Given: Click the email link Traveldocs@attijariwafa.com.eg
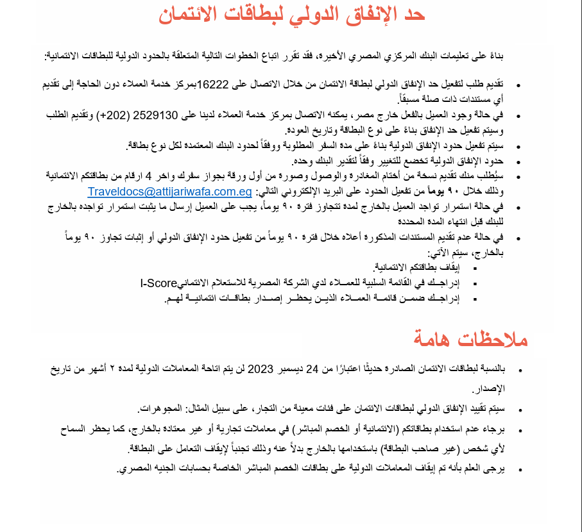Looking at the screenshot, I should click(x=170, y=192).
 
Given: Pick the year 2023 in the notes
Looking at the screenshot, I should click(x=261, y=369).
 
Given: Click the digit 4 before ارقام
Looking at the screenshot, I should click(x=149, y=176).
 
